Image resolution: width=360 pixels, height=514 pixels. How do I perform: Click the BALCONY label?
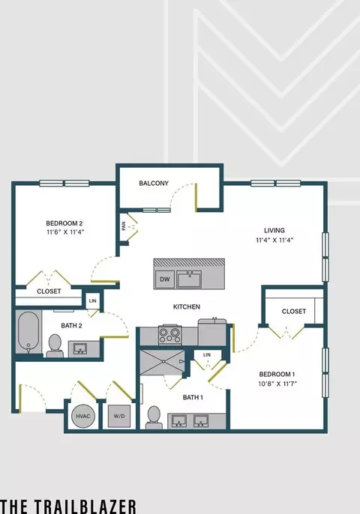pyautogui.click(x=154, y=184)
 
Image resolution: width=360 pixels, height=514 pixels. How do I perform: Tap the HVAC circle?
pyautogui.click(x=83, y=417)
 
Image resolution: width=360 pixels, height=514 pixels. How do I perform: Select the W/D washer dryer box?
pyautogui.click(x=119, y=417)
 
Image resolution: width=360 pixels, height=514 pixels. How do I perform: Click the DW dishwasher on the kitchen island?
pyautogui.click(x=165, y=279)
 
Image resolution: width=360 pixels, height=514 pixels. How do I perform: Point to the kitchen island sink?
pyautogui.click(x=189, y=279)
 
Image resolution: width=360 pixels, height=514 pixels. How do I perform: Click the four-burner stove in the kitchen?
pyautogui.click(x=169, y=334)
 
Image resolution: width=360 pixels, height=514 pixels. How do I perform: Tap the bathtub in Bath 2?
pyautogui.click(x=28, y=332)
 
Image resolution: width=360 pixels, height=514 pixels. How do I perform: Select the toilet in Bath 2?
pyautogui.click(x=55, y=346)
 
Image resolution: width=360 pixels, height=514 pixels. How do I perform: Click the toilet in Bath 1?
pyautogui.click(x=154, y=417)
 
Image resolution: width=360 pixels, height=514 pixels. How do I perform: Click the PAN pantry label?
pyautogui.click(x=124, y=226)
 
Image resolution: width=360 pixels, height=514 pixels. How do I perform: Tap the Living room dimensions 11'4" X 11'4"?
pyautogui.click(x=274, y=240)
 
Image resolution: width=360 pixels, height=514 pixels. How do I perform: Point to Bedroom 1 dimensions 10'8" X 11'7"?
pyautogui.click(x=277, y=384)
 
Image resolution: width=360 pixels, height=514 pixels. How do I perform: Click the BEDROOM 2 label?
pyautogui.click(x=64, y=223)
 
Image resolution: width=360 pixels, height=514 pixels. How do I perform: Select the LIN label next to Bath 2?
pyautogui.click(x=92, y=300)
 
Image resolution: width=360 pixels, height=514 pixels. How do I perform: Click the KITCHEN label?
pyautogui.click(x=187, y=307)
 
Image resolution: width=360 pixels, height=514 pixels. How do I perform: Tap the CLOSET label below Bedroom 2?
pyautogui.click(x=49, y=291)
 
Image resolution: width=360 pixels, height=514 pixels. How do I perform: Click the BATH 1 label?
pyautogui.click(x=193, y=398)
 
